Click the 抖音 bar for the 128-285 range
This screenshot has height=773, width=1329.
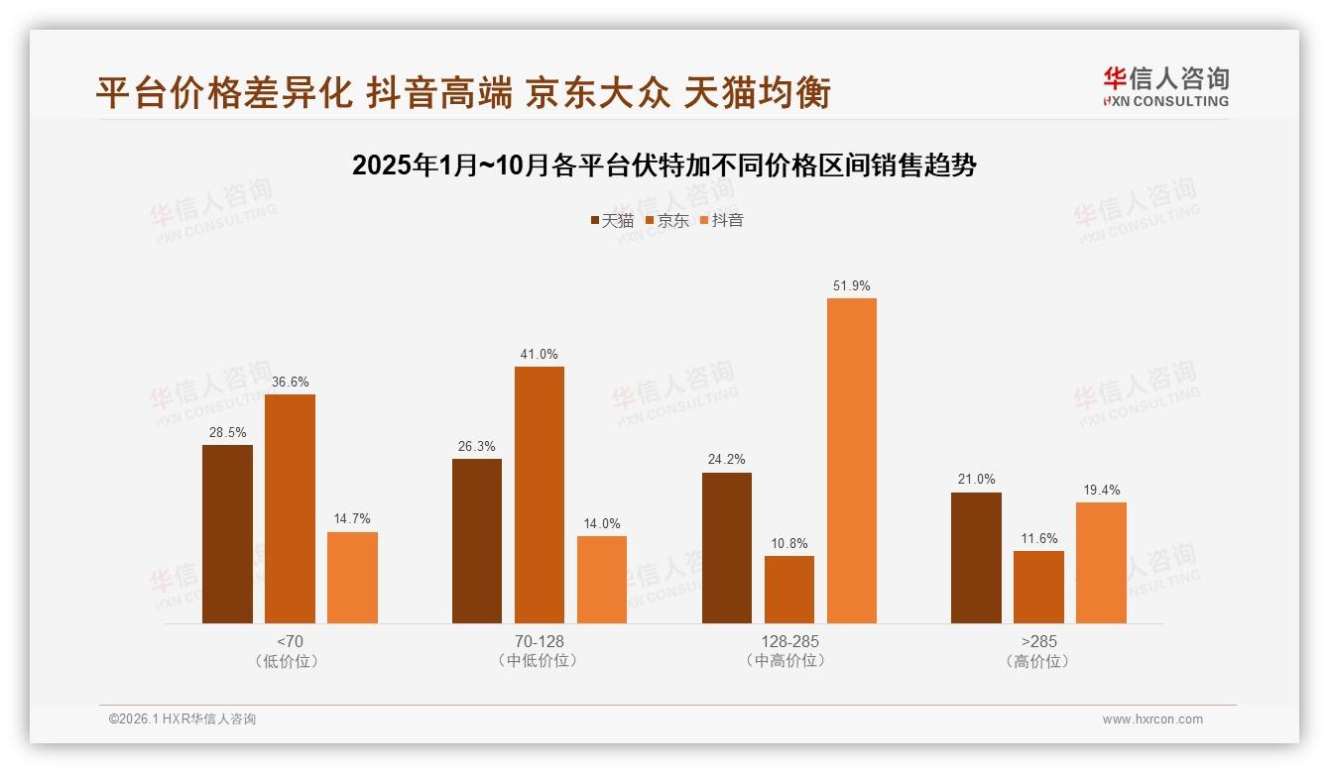(852, 461)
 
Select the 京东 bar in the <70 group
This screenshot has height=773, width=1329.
(290, 508)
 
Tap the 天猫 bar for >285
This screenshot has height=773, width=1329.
(976, 558)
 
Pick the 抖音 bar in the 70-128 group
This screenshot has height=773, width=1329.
(602, 580)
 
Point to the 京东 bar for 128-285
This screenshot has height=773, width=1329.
(789, 590)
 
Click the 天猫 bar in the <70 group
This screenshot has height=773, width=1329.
(227, 534)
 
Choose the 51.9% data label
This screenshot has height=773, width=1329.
(852, 286)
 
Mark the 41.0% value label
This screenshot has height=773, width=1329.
(539, 355)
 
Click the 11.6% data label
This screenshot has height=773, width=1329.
(1038, 539)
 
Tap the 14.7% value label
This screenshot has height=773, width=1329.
(352, 519)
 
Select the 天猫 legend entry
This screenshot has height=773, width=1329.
(612, 221)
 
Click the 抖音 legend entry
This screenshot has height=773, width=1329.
(722, 221)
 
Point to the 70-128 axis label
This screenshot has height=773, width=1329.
(540, 642)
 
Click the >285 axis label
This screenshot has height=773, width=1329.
(1038, 642)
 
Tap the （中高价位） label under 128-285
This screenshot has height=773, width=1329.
(789, 661)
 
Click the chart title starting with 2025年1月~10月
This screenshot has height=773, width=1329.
(664, 166)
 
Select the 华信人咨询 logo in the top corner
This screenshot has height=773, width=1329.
(1166, 86)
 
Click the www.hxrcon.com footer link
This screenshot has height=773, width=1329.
(1152, 719)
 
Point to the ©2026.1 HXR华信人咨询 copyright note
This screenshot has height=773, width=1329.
(182, 719)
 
